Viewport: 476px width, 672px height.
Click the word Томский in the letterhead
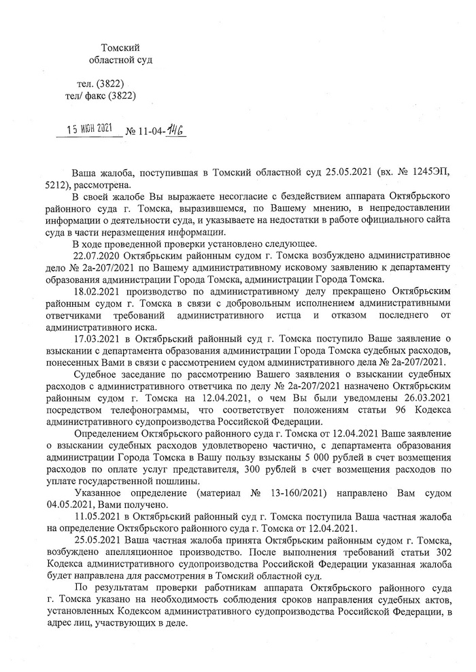pos(120,47)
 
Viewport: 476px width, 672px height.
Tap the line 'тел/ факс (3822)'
pos(99,97)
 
